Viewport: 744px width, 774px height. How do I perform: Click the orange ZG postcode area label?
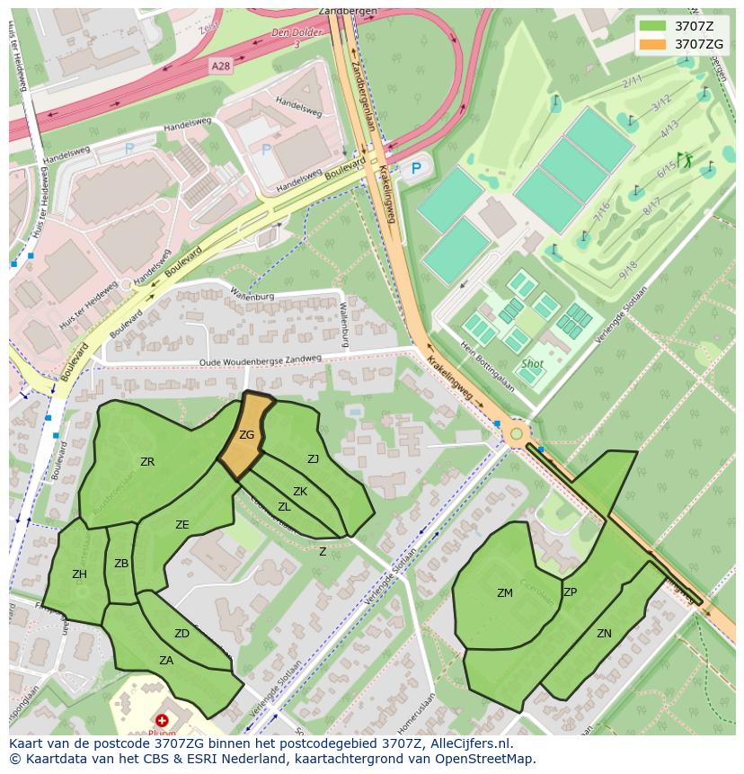pyautogui.click(x=246, y=435)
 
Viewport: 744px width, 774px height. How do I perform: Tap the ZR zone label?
pyautogui.click(x=147, y=461)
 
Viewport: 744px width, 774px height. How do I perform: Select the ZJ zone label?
pyautogui.click(x=313, y=459)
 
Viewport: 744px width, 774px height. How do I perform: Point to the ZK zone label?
pyautogui.click(x=300, y=492)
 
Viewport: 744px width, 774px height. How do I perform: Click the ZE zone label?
pyautogui.click(x=182, y=525)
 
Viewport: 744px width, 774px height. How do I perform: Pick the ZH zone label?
pyautogui.click(x=79, y=574)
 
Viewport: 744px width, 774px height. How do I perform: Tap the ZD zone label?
pyautogui.click(x=182, y=634)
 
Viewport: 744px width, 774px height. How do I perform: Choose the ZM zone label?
pyautogui.click(x=504, y=592)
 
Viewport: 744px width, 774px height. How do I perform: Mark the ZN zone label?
pyautogui.click(x=604, y=634)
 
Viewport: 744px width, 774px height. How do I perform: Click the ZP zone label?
pyautogui.click(x=570, y=592)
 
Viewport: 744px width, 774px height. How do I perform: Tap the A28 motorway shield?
pyautogui.click(x=221, y=67)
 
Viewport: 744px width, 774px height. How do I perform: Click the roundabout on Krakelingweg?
pyautogui.click(x=516, y=435)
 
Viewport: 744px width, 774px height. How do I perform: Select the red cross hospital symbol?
pyautogui.click(x=162, y=720)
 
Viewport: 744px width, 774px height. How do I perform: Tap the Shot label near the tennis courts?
pyautogui.click(x=532, y=364)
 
